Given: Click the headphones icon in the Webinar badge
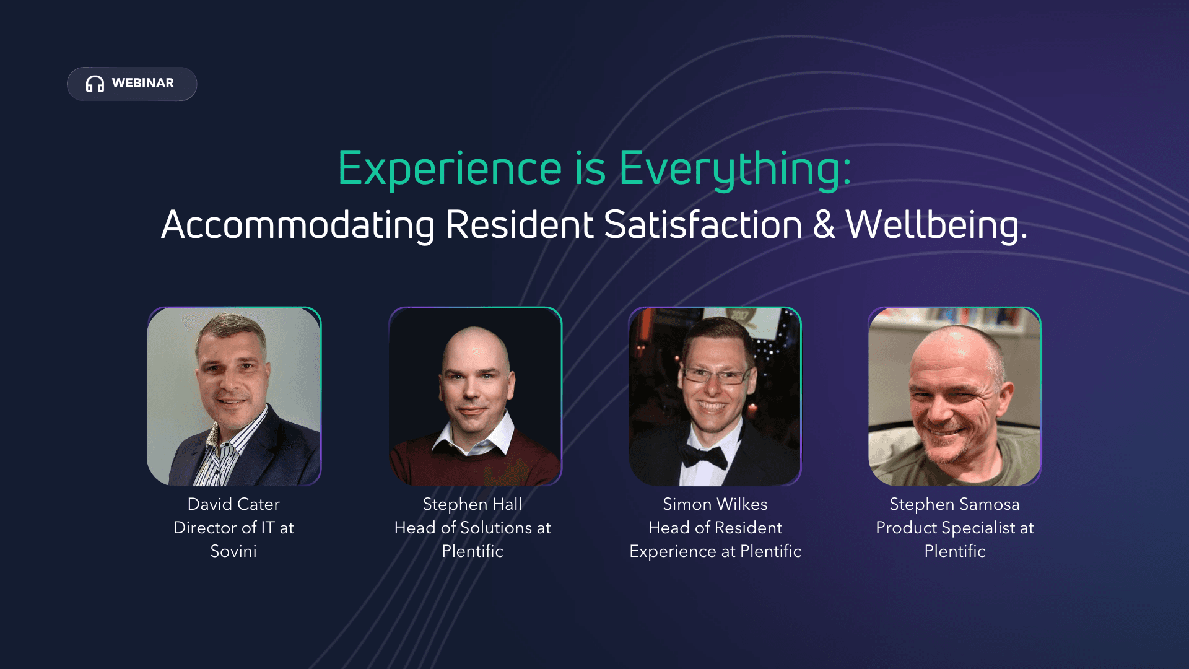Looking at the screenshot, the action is click(95, 84).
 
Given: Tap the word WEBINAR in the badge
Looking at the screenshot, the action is click(143, 83).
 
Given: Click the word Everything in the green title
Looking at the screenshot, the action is click(735, 169).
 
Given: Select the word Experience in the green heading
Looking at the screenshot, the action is click(450, 169).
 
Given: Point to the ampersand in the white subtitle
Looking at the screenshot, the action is click(824, 224).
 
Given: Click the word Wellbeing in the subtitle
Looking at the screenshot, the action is click(936, 225).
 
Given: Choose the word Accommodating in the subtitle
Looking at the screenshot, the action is click(298, 225).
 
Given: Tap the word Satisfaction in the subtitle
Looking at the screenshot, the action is click(703, 224).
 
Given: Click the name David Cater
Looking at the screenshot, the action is click(233, 504).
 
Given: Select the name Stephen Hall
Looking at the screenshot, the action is click(473, 504).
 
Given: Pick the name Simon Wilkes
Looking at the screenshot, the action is click(715, 504).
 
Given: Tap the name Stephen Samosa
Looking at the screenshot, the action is click(954, 504).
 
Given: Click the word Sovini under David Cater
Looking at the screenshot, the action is click(233, 551).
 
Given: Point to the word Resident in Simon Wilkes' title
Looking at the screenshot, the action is click(749, 528).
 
